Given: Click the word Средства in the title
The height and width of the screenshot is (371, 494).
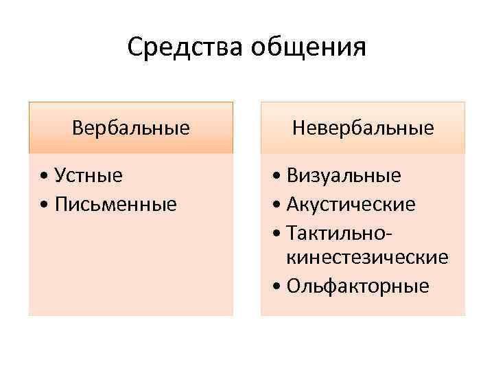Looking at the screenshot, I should click(x=186, y=48).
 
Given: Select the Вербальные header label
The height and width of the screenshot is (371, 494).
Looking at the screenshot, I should click(x=131, y=128).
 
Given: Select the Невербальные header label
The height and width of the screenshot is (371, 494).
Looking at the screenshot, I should click(x=363, y=128).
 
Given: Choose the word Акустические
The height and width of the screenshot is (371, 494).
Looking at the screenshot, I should click(x=351, y=204).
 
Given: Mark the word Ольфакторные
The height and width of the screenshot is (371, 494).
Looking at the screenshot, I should click(x=357, y=285).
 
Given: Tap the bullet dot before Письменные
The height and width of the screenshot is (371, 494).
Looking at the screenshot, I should click(x=44, y=205).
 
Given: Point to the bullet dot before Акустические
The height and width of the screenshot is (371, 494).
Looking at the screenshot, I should click(x=276, y=205).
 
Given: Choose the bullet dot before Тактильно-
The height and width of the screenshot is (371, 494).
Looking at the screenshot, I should click(x=276, y=232).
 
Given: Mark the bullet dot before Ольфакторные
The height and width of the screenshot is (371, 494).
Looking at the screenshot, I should click(x=276, y=286).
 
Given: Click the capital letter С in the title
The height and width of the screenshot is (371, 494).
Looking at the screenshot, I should click(x=134, y=48).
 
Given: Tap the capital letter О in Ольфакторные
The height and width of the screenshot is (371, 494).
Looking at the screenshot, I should click(x=294, y=285).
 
